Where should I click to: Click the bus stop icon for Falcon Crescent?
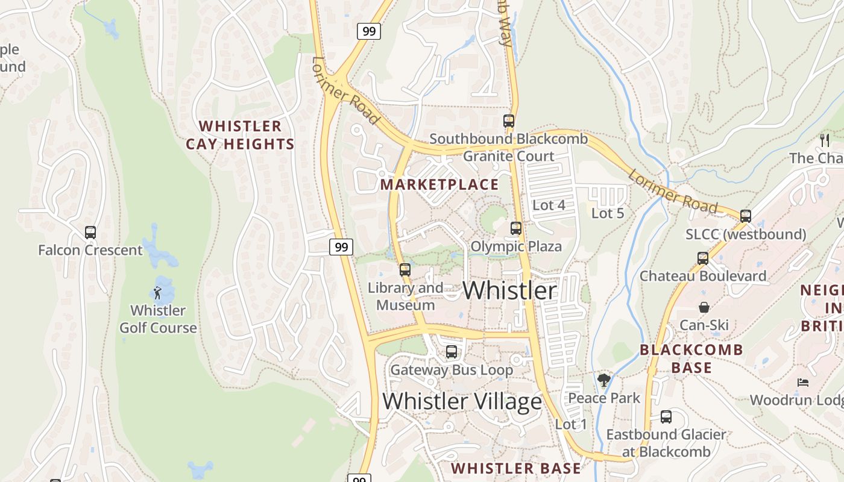90,233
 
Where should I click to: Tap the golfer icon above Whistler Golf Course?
158,293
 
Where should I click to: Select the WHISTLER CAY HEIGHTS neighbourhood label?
240,135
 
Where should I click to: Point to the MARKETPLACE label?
439,184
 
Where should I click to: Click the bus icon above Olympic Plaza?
515,228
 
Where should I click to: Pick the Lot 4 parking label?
549,205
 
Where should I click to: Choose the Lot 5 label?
607,213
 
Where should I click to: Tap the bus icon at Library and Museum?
405,270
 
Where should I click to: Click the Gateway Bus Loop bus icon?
451,352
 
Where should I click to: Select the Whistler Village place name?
462,401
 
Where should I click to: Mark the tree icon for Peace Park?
603,380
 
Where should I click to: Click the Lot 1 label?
571,424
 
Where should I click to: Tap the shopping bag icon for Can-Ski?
704,307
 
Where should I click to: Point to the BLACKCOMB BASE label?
691,358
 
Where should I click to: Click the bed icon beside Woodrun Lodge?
802,382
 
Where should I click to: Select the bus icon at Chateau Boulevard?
703,258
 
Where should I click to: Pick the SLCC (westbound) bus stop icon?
746,216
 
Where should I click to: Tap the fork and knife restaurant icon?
825,140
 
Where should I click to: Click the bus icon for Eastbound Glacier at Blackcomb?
666,416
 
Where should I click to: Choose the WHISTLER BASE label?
516,468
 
